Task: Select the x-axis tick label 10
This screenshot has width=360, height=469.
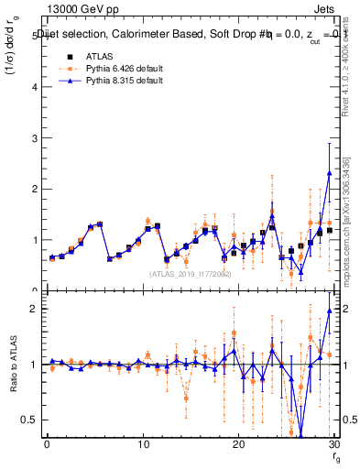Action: coord(142,444)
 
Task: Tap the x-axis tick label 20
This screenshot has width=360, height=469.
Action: coord(238,444)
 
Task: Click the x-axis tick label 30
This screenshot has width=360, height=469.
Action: coord(333,444)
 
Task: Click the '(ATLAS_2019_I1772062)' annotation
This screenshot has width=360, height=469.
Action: coord(189,273)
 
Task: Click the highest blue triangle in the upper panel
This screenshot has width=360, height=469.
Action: coord(329,172)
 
